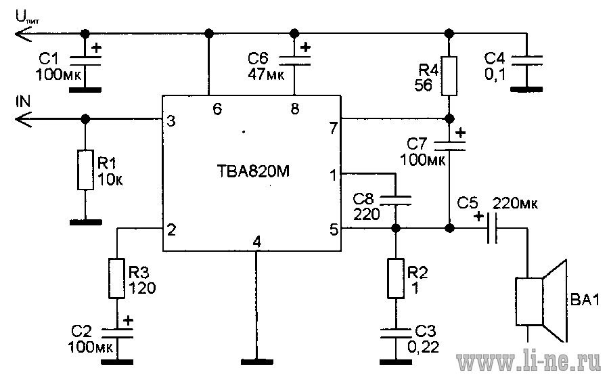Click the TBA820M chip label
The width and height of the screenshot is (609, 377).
253,171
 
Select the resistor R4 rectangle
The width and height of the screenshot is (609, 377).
449,76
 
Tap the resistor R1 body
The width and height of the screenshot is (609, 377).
85,170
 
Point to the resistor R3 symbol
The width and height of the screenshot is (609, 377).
116,278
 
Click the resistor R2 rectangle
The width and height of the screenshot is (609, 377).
395,278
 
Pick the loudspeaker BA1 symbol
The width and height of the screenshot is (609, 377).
541,301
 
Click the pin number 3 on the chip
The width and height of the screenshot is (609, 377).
171,121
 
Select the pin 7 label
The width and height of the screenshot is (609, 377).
333,128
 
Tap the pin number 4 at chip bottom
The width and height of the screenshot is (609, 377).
256,242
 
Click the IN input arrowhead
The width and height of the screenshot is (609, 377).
22,118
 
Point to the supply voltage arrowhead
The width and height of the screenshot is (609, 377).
22,34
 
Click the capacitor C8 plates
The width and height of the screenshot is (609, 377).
395,200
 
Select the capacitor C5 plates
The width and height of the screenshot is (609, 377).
492,228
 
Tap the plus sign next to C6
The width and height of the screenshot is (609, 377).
306,47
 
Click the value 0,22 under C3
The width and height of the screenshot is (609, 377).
424,347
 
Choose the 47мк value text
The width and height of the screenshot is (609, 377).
266,74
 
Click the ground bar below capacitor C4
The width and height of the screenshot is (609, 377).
526,90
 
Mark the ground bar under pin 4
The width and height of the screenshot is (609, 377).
256,362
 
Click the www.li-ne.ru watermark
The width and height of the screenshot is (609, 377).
528,362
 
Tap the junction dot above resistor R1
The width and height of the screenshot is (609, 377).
85,118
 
